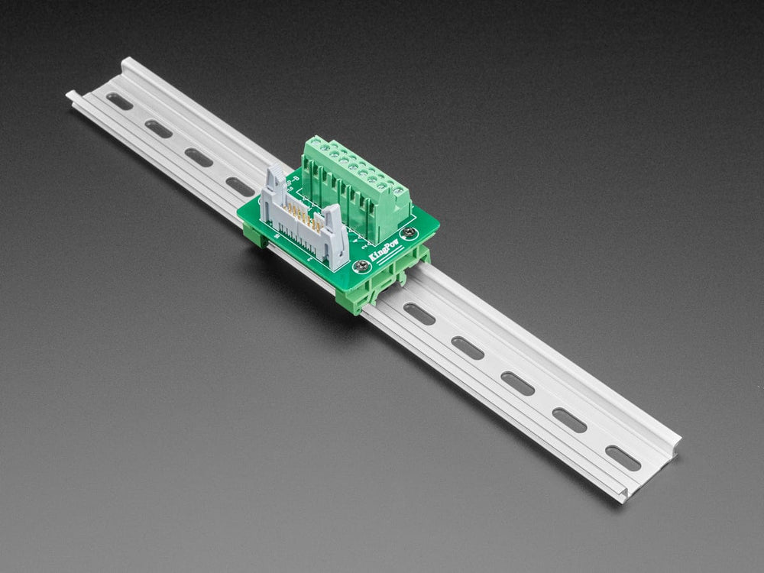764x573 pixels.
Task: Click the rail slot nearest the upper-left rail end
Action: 118,101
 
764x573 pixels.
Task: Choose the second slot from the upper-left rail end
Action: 159,129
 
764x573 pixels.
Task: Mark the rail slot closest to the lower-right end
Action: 623,458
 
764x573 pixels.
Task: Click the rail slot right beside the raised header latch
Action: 240,186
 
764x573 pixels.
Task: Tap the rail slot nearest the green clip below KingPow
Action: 419,313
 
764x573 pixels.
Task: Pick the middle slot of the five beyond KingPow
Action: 518,383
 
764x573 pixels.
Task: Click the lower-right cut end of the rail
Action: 623,494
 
